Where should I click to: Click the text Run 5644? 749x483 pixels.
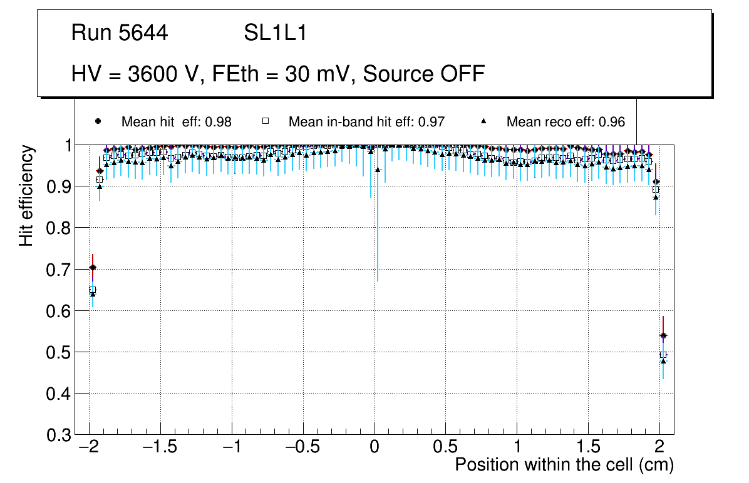pos(120,33)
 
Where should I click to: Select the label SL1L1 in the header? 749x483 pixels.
pos(275,33)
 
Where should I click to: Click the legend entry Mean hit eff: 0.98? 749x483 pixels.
pos(177,122)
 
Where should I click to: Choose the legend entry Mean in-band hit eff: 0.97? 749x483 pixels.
pos(366,122)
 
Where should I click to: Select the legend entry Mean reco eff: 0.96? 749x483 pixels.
pos(566,122)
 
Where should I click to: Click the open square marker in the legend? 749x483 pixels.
pos(264,121)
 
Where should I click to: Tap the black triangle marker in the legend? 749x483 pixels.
pos(483,121)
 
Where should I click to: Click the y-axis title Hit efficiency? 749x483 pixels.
pos(26,196)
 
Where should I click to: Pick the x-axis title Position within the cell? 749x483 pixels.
pos(564,465)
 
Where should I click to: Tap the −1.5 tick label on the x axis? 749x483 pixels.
pos(160,448)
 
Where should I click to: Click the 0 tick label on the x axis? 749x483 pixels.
pos(374,448)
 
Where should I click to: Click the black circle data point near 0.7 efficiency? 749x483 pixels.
pos(93,267)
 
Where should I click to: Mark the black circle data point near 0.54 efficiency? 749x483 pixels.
pos(663,336)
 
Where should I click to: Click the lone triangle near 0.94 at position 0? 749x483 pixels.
pos(378,170)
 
